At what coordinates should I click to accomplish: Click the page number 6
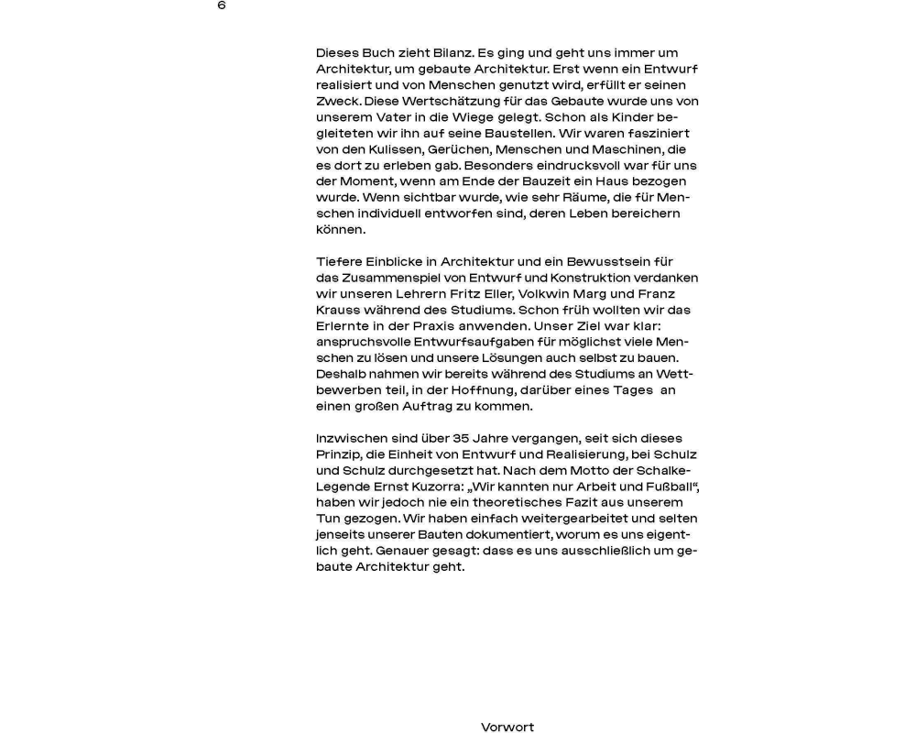tap(222, 5)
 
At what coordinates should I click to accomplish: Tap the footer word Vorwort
tap(507, 728)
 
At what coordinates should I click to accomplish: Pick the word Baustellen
tap(497, 134)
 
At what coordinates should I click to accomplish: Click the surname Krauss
tap(338, 310)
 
